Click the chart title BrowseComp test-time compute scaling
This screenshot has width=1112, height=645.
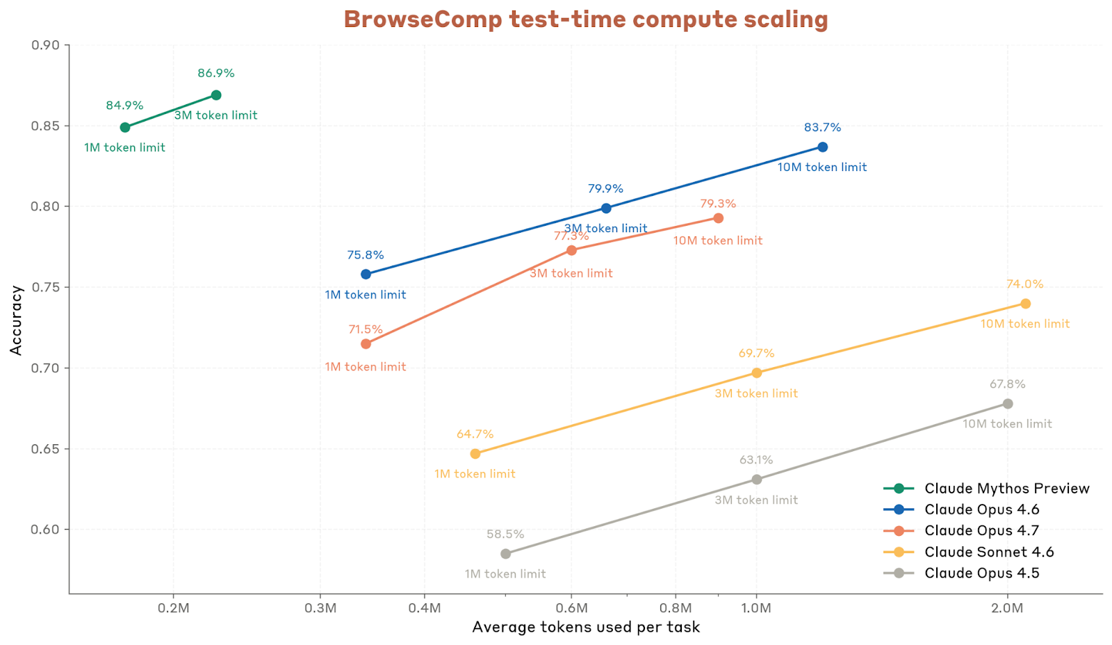(x=585, y=19)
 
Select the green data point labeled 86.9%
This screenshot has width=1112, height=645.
(x=216, y=95)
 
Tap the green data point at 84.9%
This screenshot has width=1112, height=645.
(x=125, y=127)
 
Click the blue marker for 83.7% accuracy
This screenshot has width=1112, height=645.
(x=822, y=147)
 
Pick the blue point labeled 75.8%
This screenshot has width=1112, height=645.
(x=366, y=275)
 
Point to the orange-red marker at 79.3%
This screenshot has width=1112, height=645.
(x=718, y=218)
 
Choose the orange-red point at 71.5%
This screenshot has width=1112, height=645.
(x=366, y=344)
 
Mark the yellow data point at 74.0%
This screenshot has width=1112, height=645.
(x=1025, y=304)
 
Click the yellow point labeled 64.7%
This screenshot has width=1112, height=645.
(x=475, y=454)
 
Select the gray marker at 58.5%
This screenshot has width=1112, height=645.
(x=505, y=554)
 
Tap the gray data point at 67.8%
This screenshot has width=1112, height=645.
(x=1007, y=404)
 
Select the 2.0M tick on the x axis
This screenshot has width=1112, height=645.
(x=1007, y=608)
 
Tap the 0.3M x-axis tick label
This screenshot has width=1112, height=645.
(x=320, y=608)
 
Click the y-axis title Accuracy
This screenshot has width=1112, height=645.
(x=17, y=320)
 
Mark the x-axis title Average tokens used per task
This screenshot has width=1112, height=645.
(x=585, y=628)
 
